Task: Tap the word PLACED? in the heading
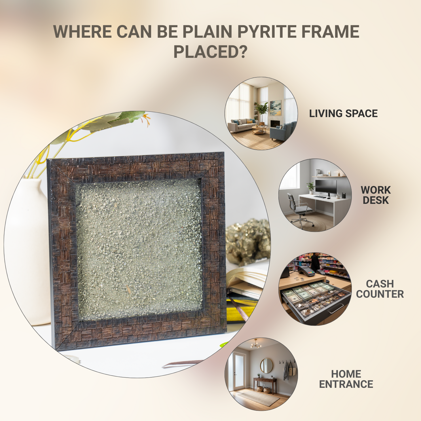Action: point(210,52)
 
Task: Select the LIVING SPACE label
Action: point(343,113)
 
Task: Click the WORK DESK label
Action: point(376,195)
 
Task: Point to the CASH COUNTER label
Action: point(380,289)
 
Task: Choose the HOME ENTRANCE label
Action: point(346,379)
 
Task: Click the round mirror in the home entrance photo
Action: point(266,366)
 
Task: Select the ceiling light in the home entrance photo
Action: point(256,344)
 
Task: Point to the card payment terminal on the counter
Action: point(306,271)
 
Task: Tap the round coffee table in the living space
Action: point(259,130)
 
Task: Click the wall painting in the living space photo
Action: point(275,108)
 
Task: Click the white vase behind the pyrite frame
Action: point(28,249)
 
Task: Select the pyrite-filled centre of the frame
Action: point(139,249)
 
